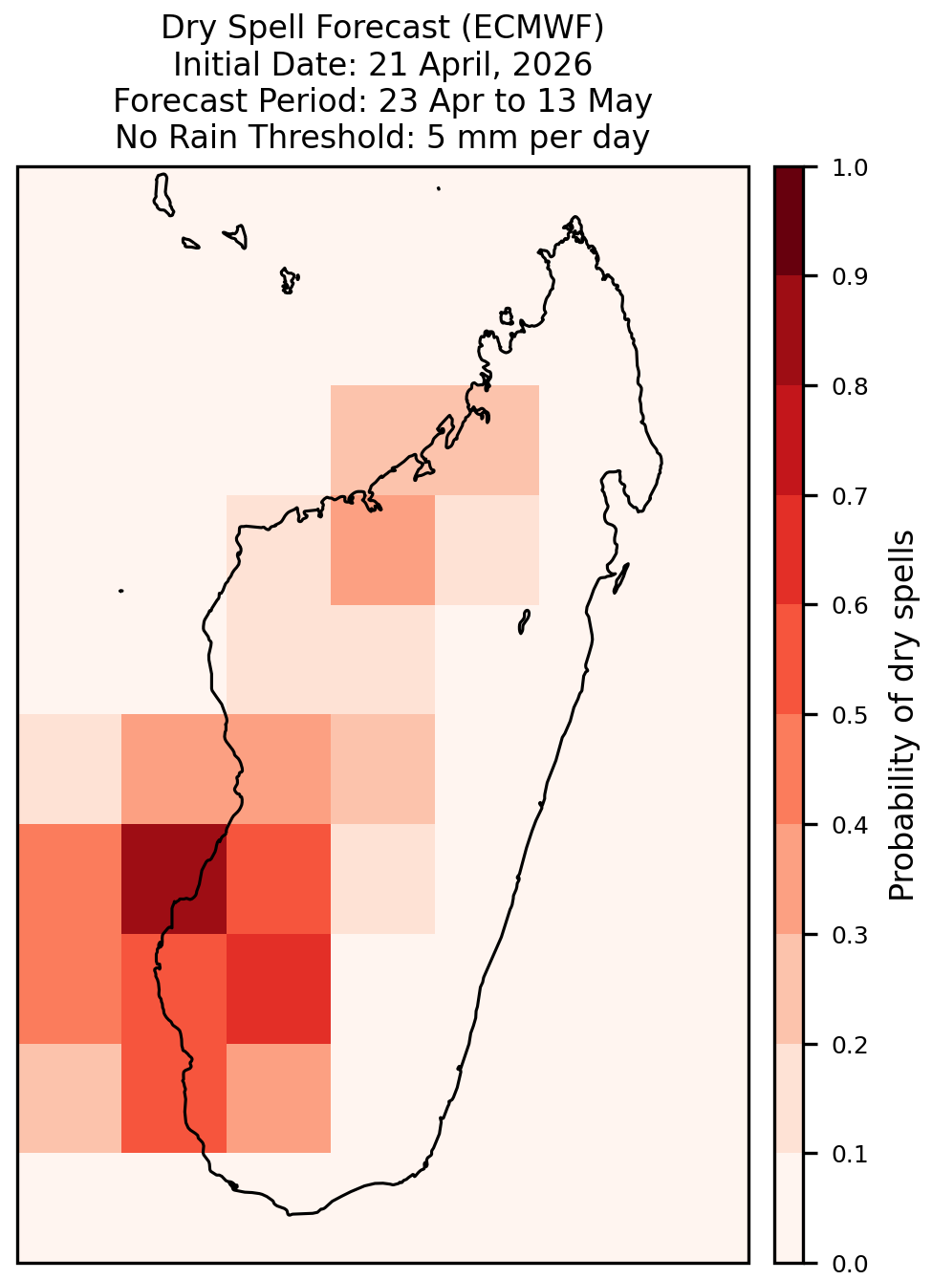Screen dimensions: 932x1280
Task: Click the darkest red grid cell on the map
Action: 174,879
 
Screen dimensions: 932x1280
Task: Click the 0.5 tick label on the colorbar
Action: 850,715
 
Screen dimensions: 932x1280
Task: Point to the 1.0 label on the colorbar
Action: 850,168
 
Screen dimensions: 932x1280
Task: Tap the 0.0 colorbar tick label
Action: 850,1264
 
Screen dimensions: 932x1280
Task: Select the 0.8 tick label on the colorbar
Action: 850,386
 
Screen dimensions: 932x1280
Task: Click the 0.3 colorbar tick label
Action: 850,935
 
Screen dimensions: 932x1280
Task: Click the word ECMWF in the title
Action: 532,28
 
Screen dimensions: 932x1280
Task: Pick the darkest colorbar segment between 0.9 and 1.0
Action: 790,221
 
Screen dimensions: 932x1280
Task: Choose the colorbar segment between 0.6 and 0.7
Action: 790,550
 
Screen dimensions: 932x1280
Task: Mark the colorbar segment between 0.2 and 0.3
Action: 790,988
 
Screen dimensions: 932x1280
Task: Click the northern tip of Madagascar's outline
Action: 574,217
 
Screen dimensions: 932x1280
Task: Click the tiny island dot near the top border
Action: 439,188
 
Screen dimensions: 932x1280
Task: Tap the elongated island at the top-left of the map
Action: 163,195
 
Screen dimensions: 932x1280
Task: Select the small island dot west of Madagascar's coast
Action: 120,591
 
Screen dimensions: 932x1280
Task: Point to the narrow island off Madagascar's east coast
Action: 621,578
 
